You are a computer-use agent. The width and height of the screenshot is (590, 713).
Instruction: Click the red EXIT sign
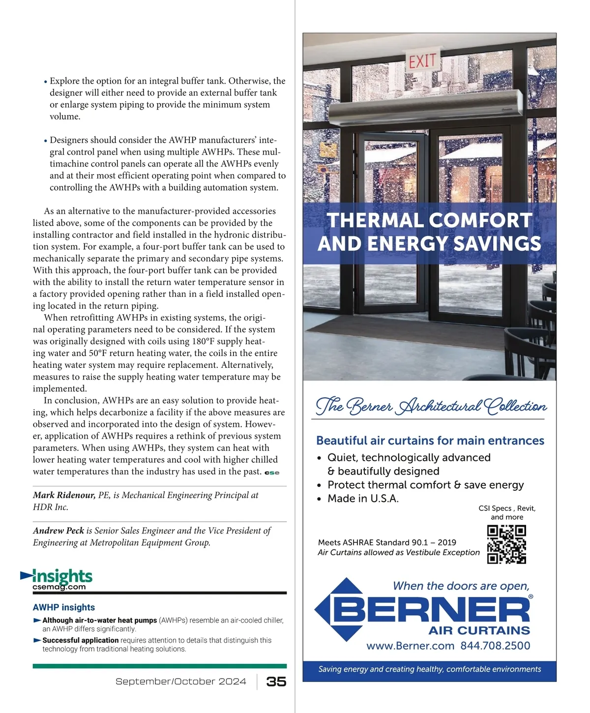coord(422,61)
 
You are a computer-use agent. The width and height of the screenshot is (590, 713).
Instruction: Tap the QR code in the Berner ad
coord(506,544)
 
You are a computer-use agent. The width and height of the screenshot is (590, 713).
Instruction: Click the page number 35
coord(276,682)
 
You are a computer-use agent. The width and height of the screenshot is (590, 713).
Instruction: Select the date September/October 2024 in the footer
coord(180,682)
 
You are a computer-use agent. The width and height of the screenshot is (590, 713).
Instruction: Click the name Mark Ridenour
coord(64,495)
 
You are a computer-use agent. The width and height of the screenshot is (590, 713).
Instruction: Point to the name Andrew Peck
coord(59,531)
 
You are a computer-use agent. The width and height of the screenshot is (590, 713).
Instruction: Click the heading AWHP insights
coord(64,607)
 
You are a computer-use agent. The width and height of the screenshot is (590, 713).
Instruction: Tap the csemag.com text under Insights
coord(59,587)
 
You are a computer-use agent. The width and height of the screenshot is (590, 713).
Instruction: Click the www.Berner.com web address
coord(410,646)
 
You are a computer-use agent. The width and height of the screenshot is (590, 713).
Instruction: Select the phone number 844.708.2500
coord(495,646)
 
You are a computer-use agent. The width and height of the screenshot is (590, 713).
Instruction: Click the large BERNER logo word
coord(431,610)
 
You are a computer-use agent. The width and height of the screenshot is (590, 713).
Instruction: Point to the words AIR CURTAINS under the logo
coord(479,630)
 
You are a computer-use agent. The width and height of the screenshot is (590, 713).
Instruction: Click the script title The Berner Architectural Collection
coord(431,406)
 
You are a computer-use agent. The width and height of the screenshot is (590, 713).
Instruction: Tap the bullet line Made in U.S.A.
coord(363,499)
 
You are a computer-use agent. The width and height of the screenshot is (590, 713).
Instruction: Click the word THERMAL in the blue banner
coord(374,220)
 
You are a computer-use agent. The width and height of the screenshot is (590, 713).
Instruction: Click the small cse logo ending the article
coord(272,473)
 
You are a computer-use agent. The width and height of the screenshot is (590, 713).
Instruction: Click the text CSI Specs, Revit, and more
coord(507,512)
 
